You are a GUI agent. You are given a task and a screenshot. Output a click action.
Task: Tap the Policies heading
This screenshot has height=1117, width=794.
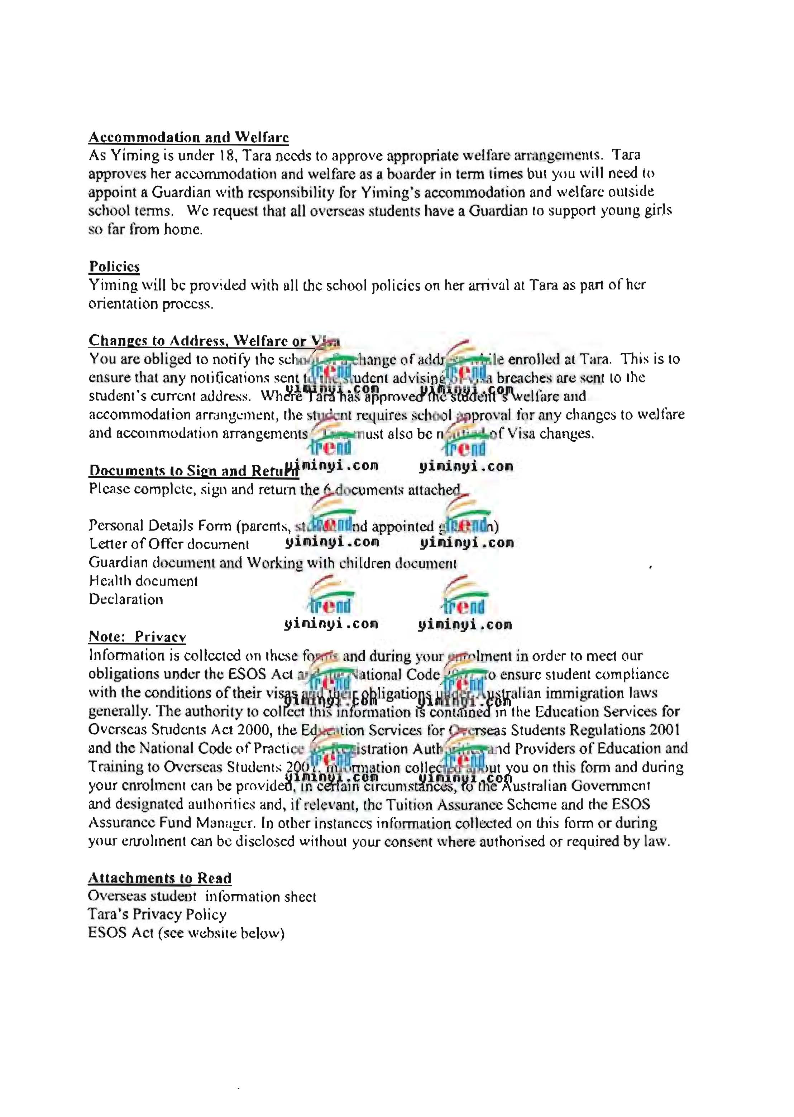point(114,267)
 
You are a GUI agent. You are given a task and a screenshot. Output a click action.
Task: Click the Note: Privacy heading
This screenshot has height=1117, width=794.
point(137,637)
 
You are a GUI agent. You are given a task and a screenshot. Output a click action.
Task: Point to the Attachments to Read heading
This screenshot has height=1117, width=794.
point(159,878)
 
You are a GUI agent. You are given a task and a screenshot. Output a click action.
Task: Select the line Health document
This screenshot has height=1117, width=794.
point(143,581)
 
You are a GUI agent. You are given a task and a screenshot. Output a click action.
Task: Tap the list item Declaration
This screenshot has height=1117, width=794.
point(126,599)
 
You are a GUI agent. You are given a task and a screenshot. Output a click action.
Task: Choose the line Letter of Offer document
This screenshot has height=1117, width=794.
point(169,544)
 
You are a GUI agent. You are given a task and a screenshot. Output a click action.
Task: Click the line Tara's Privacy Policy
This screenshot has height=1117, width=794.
point(157,915)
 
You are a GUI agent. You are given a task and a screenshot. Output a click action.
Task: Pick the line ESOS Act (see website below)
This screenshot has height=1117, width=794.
point(186,933)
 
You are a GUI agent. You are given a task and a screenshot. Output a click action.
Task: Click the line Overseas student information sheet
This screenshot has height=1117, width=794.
point(202,897)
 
